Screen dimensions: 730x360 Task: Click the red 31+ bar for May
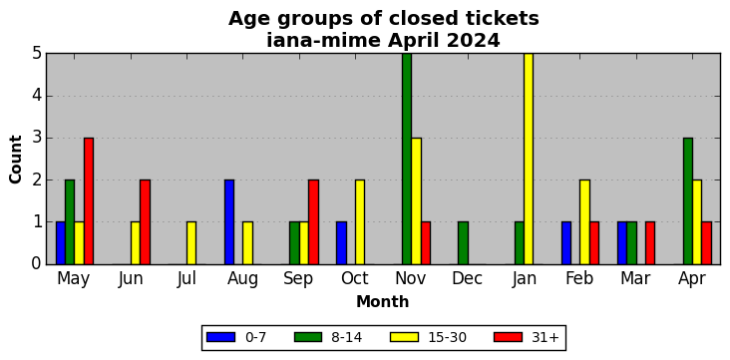[x=89, y=200]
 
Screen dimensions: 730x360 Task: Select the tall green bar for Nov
[x=407, y=159]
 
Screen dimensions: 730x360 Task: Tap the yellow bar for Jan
[x=529, y=159]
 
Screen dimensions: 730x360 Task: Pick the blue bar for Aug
[x=229, y=221]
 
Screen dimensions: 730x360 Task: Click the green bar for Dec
[x=463, y=242]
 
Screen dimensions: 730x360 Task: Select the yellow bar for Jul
[x=191, y=242]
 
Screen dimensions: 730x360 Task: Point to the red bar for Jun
[x=145, y=221]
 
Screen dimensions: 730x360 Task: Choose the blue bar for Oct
[x=341, y=242]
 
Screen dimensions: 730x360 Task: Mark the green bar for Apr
[x=688, y=200]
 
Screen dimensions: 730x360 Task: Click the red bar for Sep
[x=313, y=221]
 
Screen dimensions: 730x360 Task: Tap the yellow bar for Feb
[x=584, y=221]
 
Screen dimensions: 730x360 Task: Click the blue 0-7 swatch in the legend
[x=220, y=337]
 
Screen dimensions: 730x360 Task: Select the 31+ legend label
[x=545, y=337]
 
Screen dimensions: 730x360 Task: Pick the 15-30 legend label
[x=447, y=337]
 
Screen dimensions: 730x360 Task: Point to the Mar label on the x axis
[x=635, y=278]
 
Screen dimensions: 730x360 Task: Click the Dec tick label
[x=467, y=278]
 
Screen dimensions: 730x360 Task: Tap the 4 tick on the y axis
[x=37, y=96]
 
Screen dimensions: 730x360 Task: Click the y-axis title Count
[x=15, y=160]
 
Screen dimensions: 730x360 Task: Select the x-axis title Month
[x=383, y=302]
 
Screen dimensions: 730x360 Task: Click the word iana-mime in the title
[x=324, y=41]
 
